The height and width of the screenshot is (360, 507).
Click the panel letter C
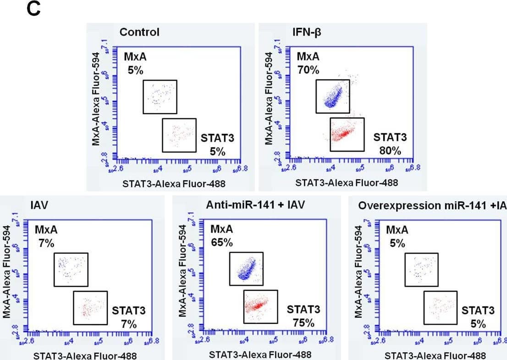[x=34, y=10]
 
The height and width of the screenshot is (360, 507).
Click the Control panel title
[x=139, y=32]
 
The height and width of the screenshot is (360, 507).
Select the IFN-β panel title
[x=306, y=32]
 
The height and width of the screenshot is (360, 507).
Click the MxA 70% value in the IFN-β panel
[x=308, y=70]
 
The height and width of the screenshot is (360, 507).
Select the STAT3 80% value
[x=390, y=150]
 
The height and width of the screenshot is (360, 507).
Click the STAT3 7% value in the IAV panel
[x=129, y=324]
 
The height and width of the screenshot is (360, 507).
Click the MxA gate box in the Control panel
[x=160, y=96]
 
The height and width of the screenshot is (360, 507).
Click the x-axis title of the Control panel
[x=174, y=183]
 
